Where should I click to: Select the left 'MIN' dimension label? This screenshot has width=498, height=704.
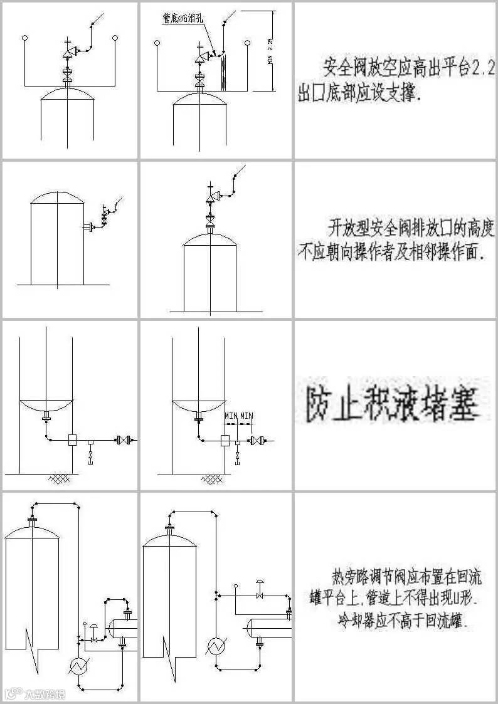(x=231, y=416)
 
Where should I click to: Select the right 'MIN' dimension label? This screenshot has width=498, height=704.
(x=246, y=416)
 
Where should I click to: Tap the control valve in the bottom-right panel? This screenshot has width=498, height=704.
(x=259, y=592)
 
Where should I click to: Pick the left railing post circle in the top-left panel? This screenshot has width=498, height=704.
(x=24, y=39)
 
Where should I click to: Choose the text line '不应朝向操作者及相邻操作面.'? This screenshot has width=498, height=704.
(x=392, y=253)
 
